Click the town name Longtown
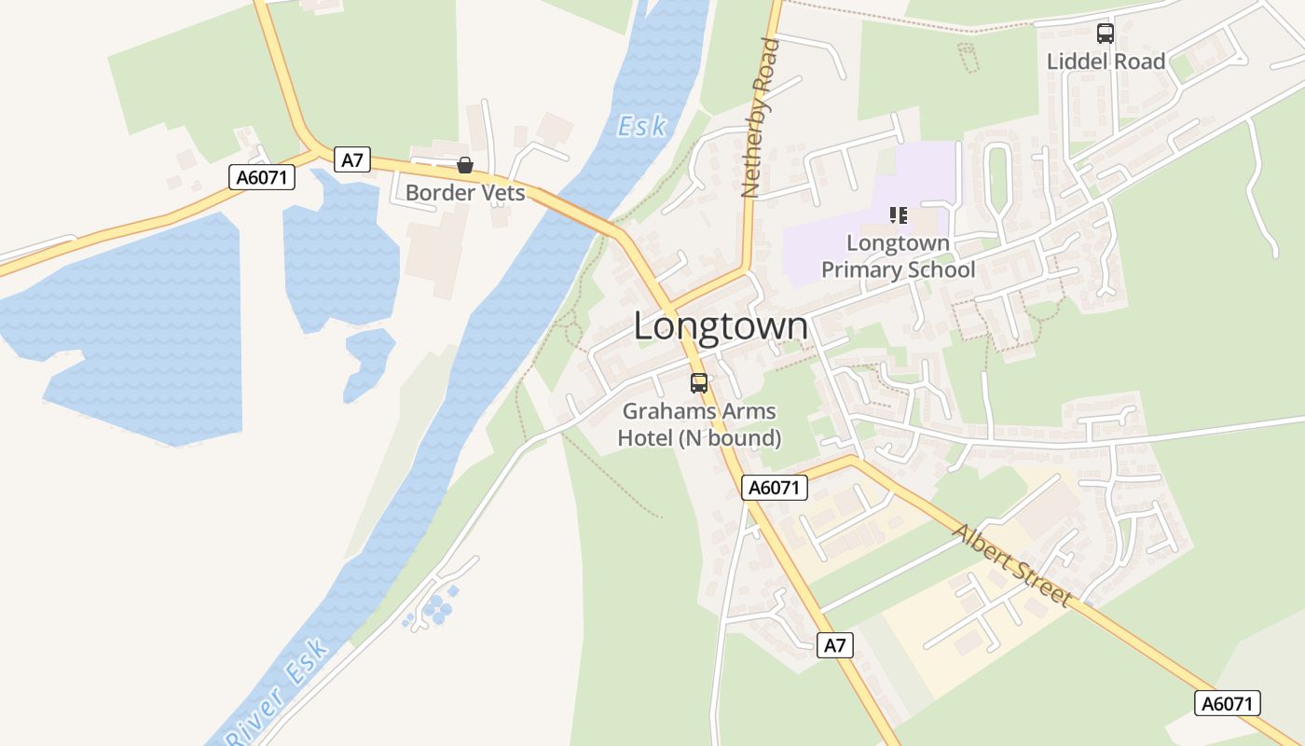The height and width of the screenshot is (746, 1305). (x=721, y=326)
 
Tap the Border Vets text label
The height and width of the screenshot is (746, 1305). (x=465, y=194)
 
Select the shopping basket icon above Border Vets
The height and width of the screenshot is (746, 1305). (x=465, y=166)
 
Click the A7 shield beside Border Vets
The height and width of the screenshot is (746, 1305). (x=351, y=159)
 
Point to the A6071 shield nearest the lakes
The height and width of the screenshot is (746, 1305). (x=262, y=177)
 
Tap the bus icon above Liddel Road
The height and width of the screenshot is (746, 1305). (x=1106, y=34)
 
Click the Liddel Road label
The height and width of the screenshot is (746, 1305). (x=1106, y=62)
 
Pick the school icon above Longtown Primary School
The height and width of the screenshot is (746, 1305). (x=899, y=215)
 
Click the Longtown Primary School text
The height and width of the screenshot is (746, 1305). (x=898, y=256)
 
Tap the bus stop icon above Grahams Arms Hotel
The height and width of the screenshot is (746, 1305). (x=699, y=382)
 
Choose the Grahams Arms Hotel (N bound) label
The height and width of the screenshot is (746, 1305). (x=699, y=424)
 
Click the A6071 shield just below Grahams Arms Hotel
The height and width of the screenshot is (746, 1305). (x=775, y=487)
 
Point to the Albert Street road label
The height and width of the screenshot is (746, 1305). (x=1011, y=565)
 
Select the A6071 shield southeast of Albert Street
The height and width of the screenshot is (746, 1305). (x=1227, y=703)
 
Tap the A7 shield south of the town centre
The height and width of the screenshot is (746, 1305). (x=835, y=644)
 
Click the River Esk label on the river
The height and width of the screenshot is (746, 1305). (x=278, y=691)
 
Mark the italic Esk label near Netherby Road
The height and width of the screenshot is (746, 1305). (x=641, y=126)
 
